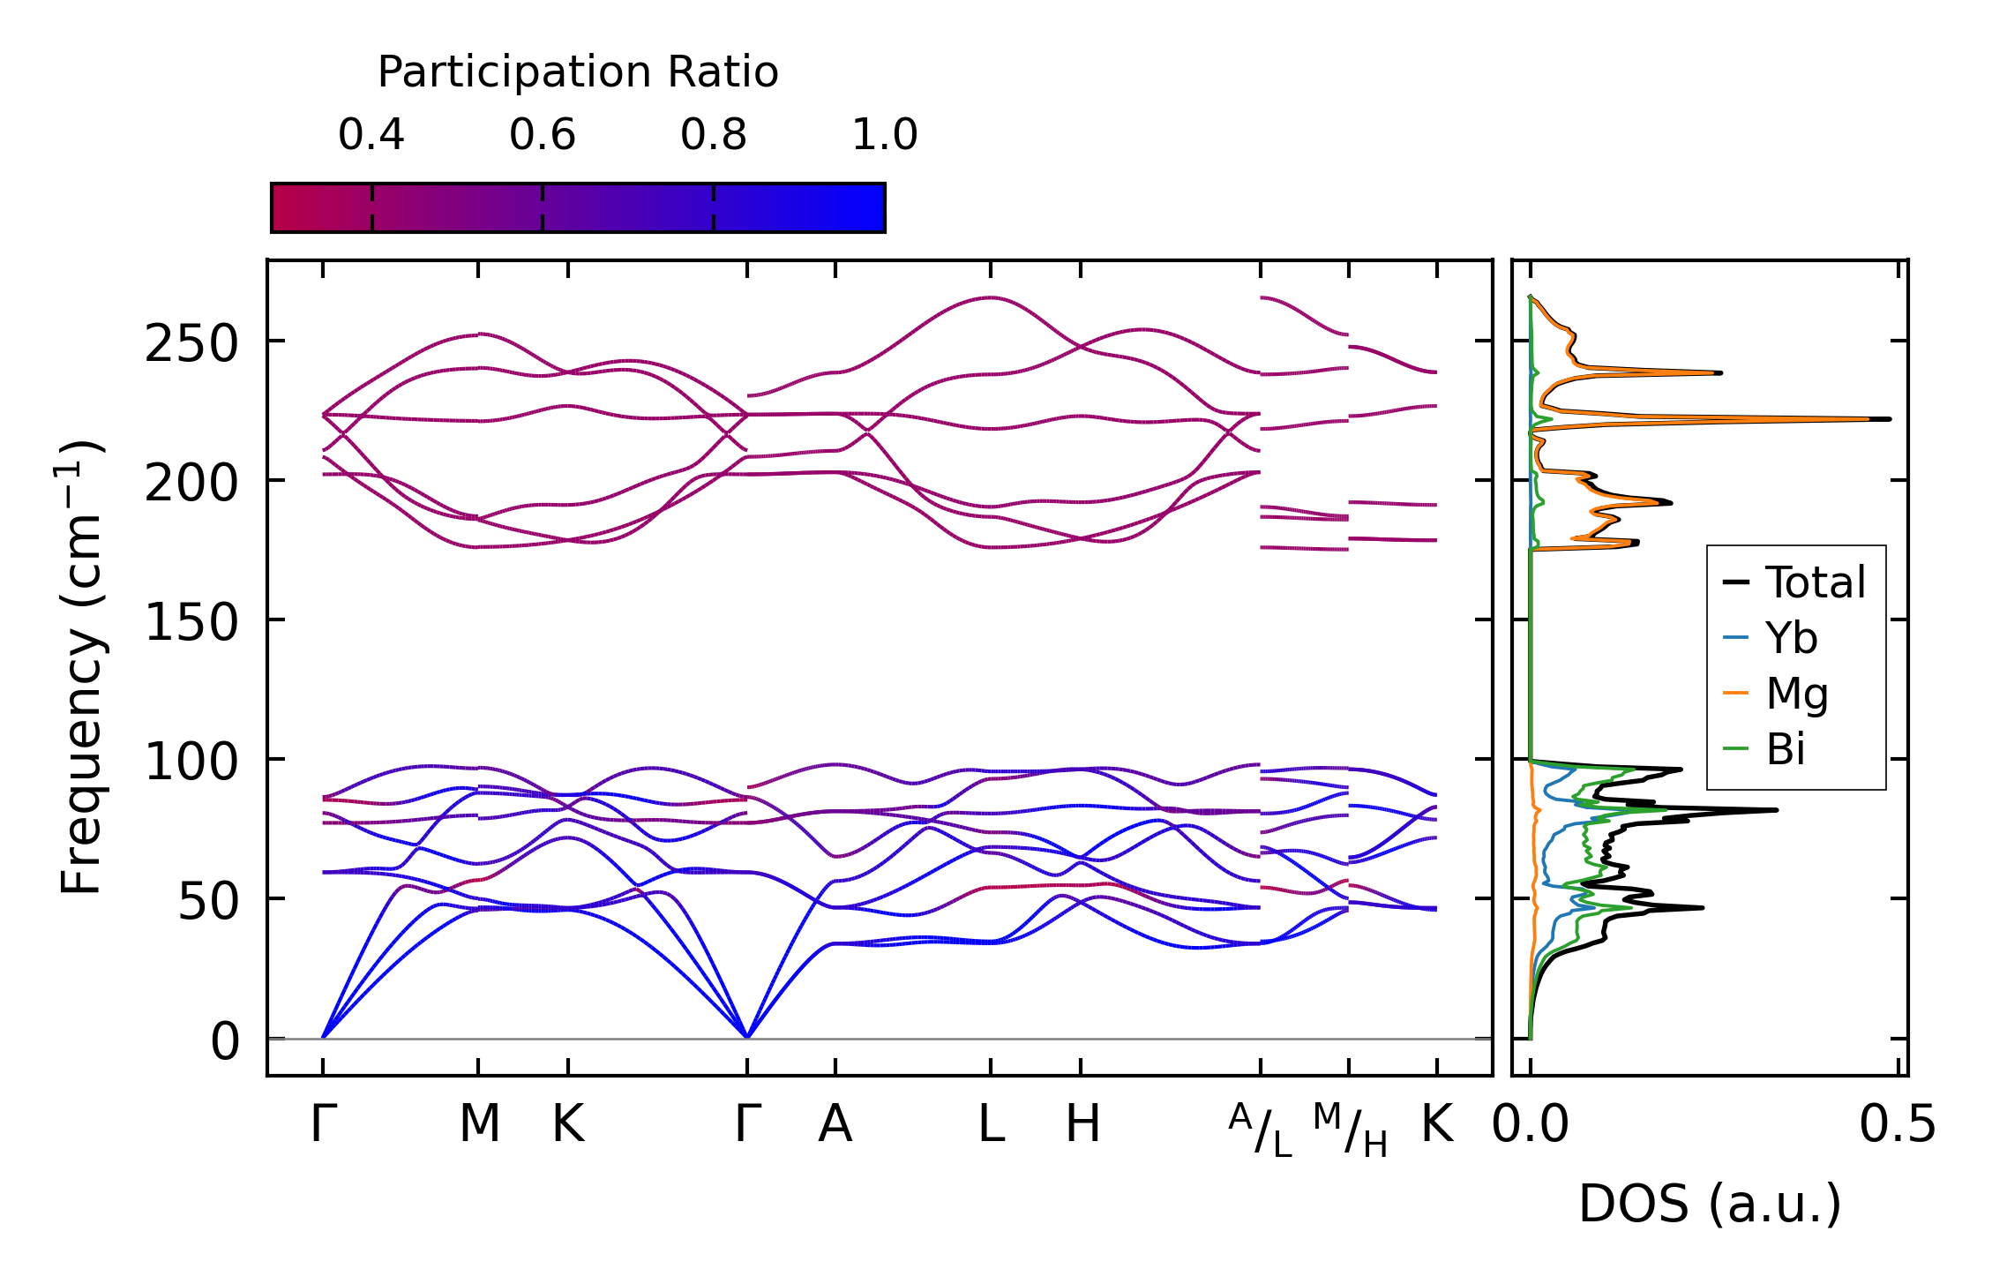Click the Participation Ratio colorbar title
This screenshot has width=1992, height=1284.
coord(578,72)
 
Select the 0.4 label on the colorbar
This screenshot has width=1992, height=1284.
coord(371,136)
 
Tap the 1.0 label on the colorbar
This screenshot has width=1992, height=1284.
coord(885,136)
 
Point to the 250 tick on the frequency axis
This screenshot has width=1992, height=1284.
coord(191,343)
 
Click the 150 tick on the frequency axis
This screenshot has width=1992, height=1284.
coord(191,622)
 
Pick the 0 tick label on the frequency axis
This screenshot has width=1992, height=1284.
coord(225,1041)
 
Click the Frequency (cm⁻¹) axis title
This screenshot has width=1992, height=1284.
coord(81,667)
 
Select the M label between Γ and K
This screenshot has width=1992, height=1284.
coord(479,1125)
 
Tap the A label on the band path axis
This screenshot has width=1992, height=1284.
coord(835,1125)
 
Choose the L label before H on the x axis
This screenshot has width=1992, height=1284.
coord(992,1125)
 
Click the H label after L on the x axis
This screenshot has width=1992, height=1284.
coord(1082,1125)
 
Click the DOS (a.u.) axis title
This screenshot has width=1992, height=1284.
coord(1710,1204)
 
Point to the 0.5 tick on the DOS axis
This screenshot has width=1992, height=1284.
coord(1898,1125)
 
